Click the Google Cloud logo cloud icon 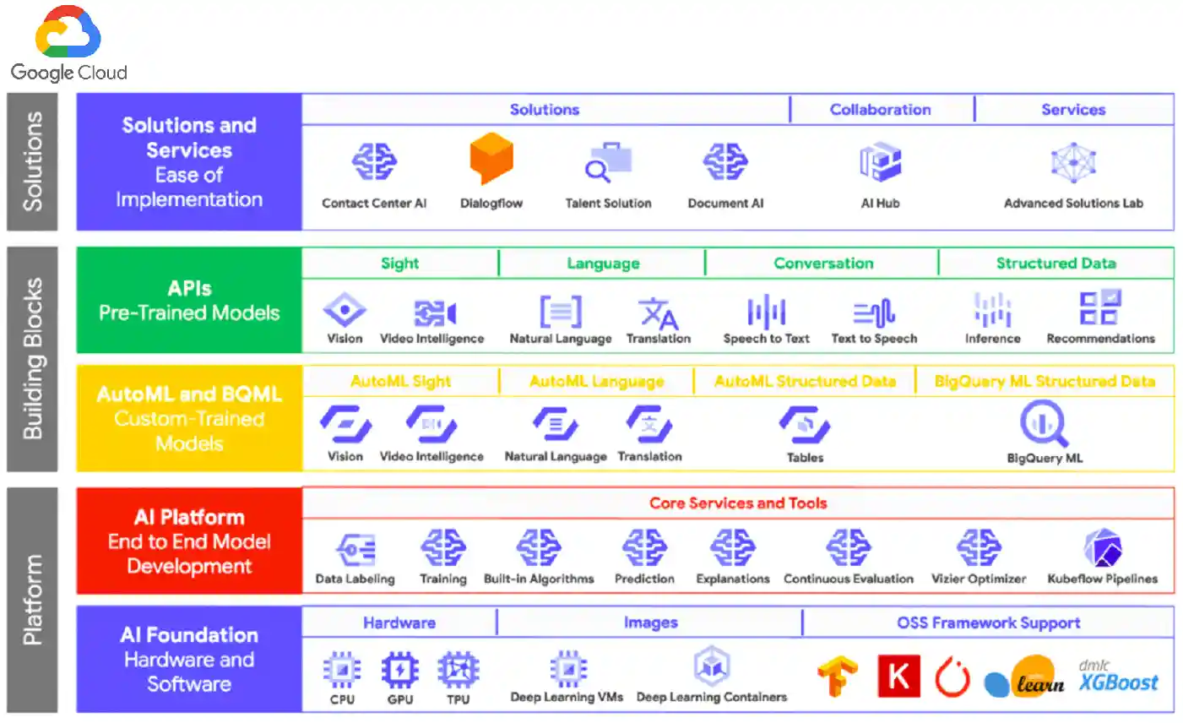tap(68, 34)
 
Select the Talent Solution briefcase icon tap(609, 162)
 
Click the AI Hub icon tap(880, 162)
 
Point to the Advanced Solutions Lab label tap(1073, 204)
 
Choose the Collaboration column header tap(880, 110)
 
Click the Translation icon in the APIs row tap(659, 312)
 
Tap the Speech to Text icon tap(766, 312)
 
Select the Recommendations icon tap(1099, 308)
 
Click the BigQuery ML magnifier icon tap(1044, 423)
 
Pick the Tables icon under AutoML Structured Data tap(805, 424)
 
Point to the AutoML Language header tap(596, 382)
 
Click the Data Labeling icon tap(355, 550)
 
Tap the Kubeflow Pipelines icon tap(1102, 549)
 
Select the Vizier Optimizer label tap(978, 579)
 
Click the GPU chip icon tap(399, 670)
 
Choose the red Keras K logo tap(898, 676)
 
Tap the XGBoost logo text tap(1118, 682)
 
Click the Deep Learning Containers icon tap(712, 666)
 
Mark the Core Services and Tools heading tap(738, 503)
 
